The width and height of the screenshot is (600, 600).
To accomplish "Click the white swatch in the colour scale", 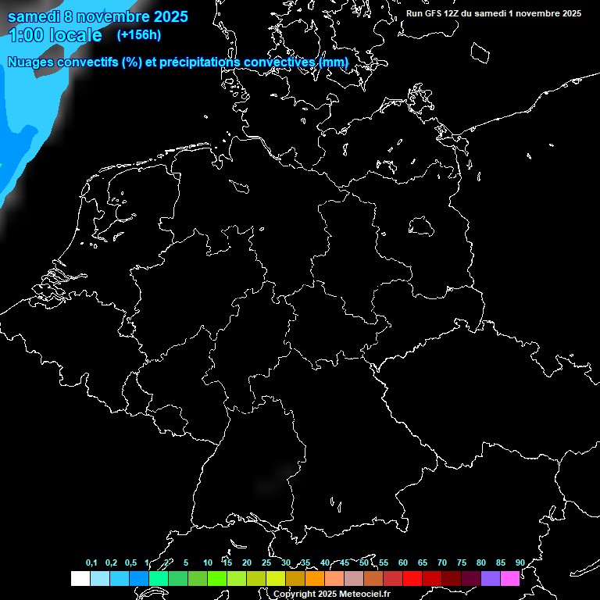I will click(x=80, y=578).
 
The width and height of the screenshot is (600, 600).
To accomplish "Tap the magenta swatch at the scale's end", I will click(x=510, y=578).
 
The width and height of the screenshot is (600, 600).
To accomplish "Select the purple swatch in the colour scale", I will click(x=491, y=578).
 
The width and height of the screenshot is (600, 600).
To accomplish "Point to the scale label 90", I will click(x=520, y=562).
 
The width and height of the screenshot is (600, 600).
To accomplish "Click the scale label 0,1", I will click(x=91, y=562).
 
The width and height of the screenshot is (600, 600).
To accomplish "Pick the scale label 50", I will click(x=364, y=562).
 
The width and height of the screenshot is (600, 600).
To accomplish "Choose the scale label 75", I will click(x=462, y=562).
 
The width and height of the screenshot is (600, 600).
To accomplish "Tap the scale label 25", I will click(x=266, y=562).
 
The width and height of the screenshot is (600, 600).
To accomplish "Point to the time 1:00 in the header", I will click(x=27, y=35).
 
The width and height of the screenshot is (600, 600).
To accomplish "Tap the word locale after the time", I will click(x=76, y=35).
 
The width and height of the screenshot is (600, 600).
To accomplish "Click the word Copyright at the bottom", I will click(x=295, y=595).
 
